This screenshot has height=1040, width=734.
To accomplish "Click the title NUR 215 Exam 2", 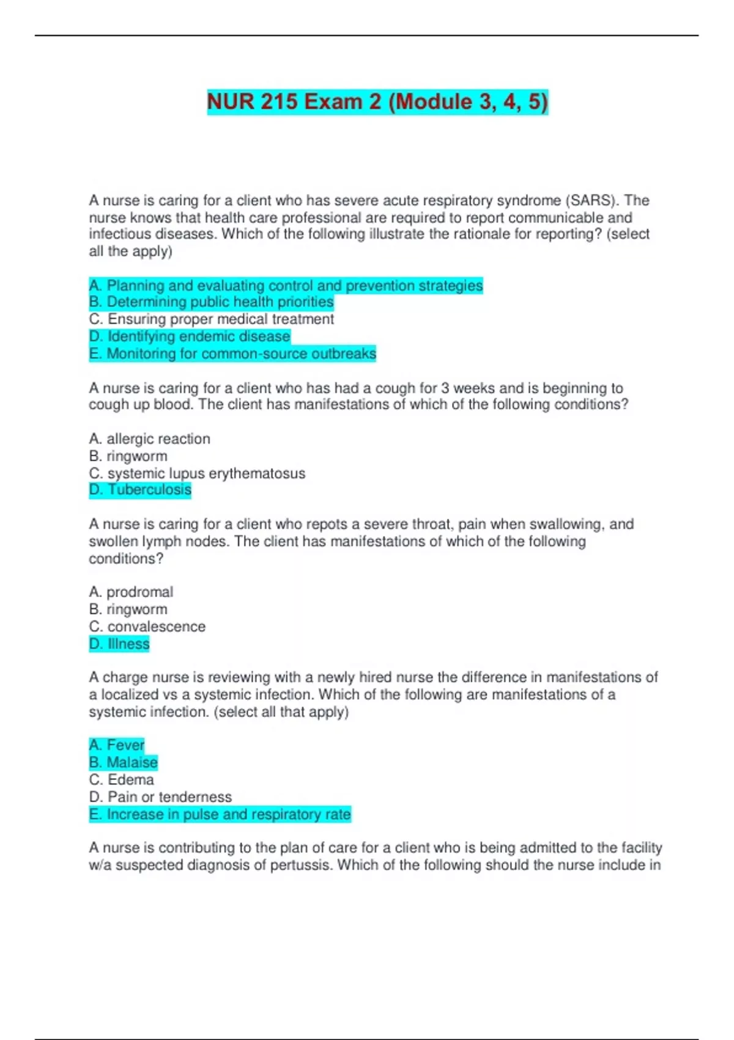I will (377, 102).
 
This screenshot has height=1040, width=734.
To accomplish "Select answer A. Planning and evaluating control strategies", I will (286, 286).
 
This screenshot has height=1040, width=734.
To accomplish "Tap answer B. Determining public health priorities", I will (211, 302).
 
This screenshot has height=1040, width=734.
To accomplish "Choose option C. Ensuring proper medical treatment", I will (211, 319).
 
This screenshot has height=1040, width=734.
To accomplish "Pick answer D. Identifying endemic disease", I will (189, 336).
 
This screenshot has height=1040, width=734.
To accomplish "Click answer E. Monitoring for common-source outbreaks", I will (232, 354).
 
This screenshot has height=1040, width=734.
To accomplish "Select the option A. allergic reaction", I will (149, 439).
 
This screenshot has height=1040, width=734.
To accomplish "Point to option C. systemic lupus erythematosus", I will (197, 474).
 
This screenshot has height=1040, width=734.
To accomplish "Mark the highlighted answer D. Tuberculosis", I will (140, 490).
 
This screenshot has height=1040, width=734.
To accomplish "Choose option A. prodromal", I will (131, 592).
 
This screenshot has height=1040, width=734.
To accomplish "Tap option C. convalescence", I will (147, 626).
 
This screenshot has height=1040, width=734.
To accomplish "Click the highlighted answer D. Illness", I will (119, 644).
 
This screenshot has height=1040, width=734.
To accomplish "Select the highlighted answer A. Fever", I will (117, 745).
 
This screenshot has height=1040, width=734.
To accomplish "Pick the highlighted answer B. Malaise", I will (123, 762).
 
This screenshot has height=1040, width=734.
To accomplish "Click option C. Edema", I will (121, 780).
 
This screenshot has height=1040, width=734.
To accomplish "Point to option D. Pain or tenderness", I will (160, 797).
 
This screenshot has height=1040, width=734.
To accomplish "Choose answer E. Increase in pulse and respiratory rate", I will (220, 814).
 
